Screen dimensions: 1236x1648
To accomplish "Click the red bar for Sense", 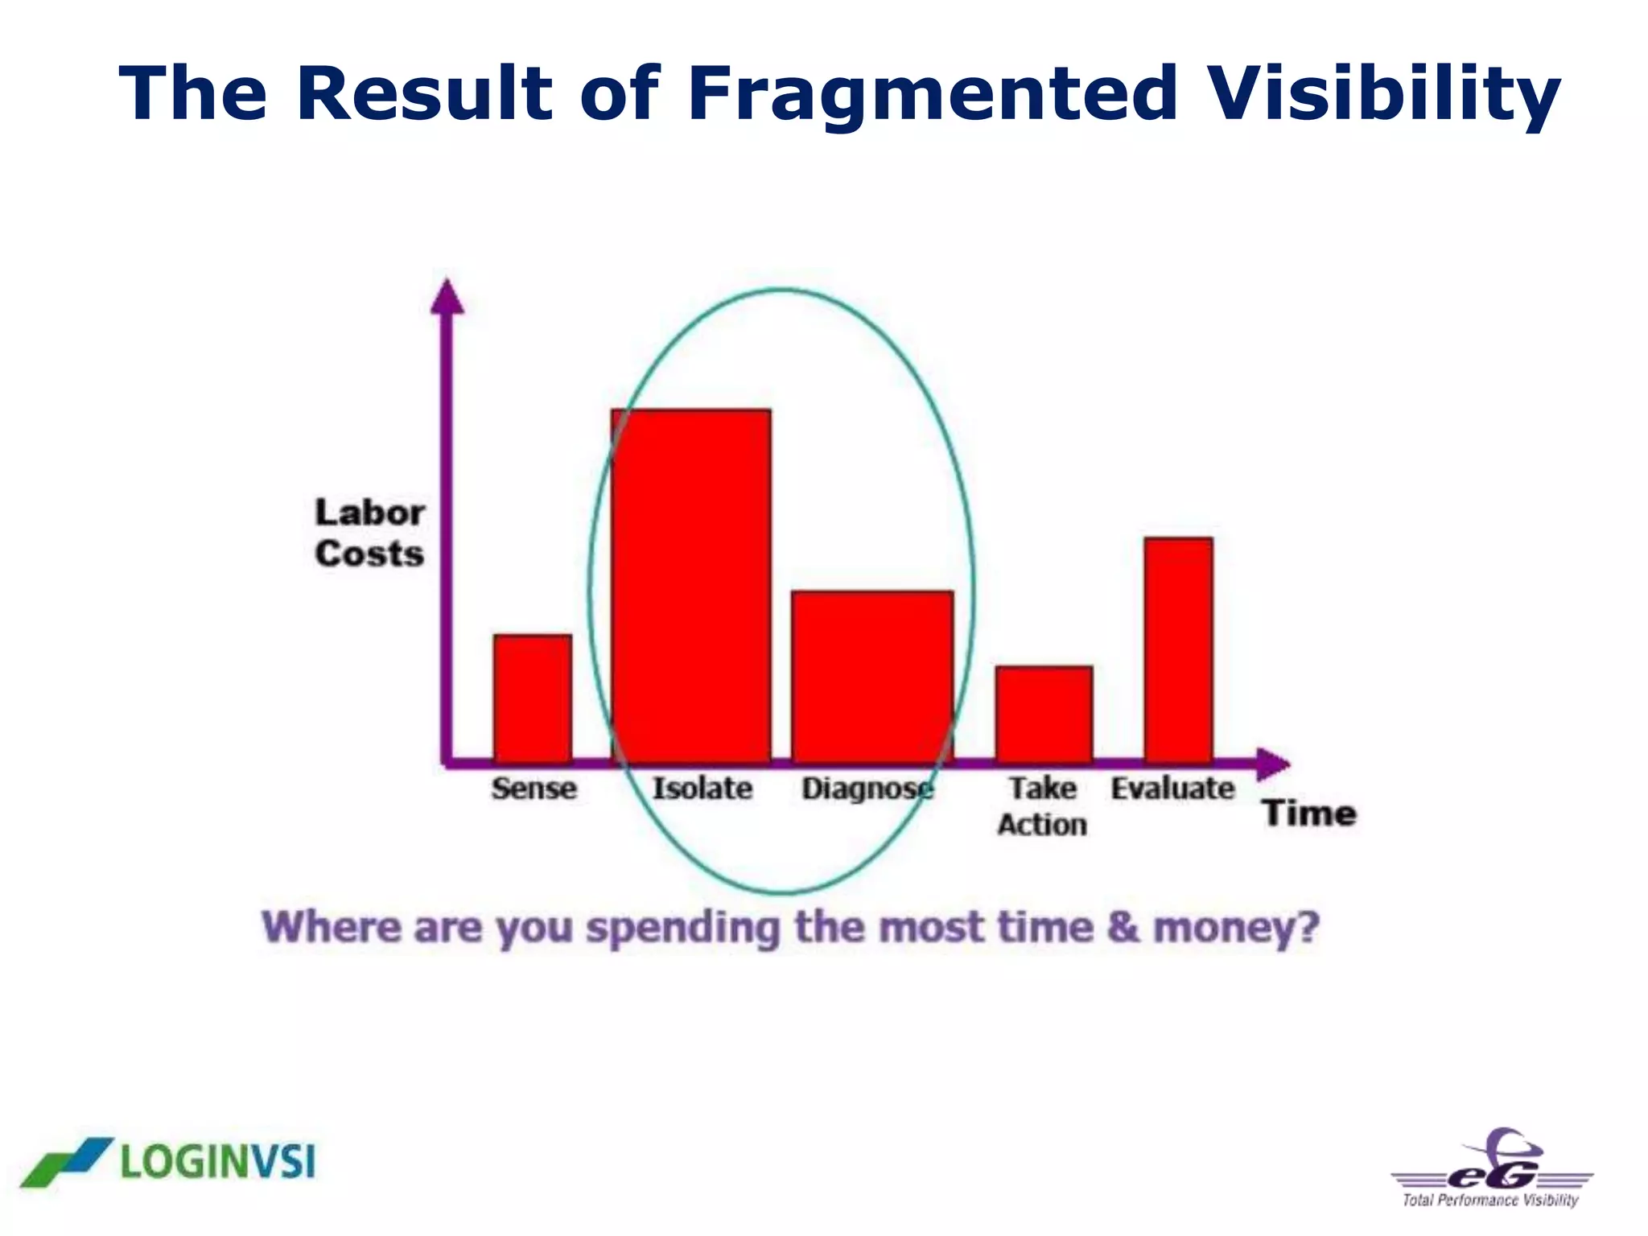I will point(533,698).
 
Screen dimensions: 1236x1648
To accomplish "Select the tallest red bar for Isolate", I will point(690,585).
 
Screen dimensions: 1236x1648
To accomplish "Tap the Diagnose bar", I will point(872,676).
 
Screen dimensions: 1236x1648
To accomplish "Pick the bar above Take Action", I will point(1044,713).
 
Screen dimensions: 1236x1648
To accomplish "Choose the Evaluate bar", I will point(1178,649).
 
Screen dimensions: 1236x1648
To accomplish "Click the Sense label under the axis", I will point(534,788).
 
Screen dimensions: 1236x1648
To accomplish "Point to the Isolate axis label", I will point(702,788).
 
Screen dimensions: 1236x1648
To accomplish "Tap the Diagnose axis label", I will point(867,789).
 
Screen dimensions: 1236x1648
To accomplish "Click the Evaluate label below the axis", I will point(1172,788).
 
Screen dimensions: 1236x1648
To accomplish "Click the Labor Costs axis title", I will point(369,533).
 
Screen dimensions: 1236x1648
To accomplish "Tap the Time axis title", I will point(1308,813).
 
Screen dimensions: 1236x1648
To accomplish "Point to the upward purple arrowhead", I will point(447,296).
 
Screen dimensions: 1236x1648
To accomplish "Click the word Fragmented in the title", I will point(933,93).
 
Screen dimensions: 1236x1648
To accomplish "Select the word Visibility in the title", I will point(1384,93).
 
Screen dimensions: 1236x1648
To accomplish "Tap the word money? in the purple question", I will point(1236,928).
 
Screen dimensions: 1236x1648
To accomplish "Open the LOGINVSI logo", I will point(169,1161).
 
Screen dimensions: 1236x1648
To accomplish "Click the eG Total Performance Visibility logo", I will point(1492,1169).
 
